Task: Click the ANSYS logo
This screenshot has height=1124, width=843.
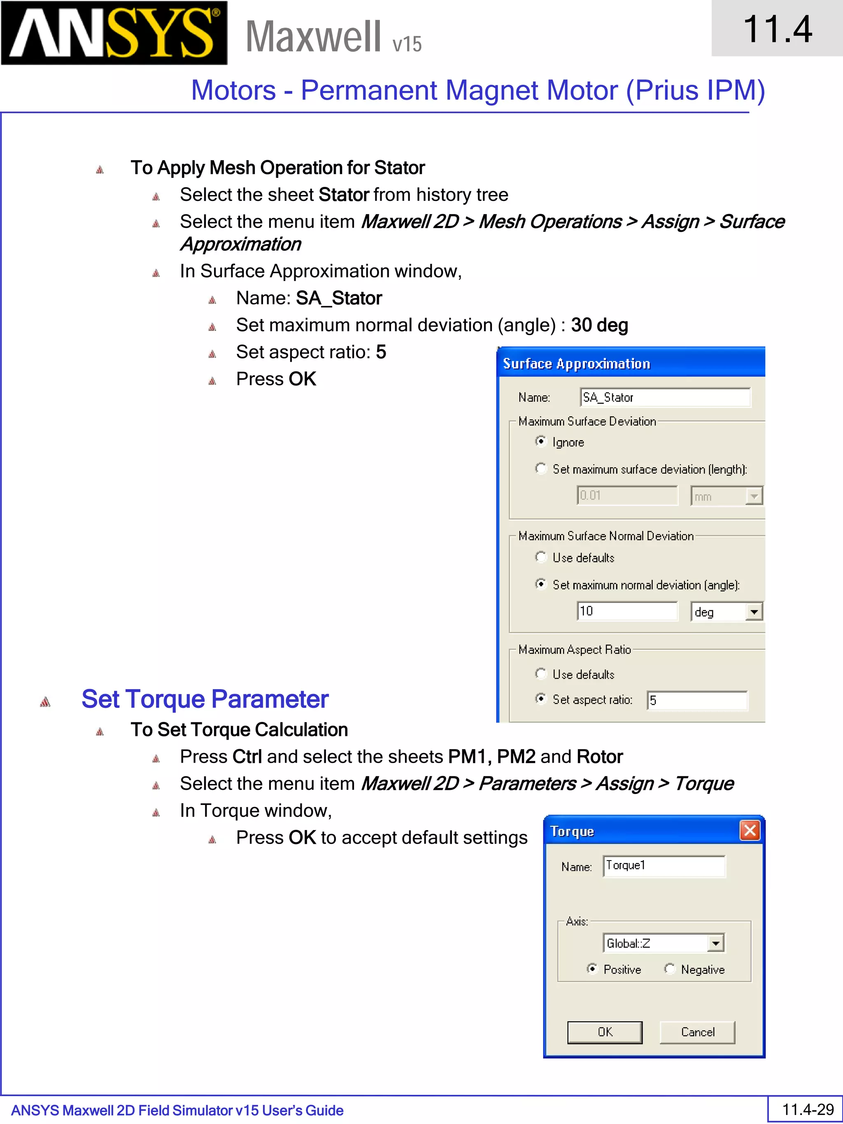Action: [114, 33]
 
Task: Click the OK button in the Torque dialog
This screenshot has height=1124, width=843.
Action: [605, 1032]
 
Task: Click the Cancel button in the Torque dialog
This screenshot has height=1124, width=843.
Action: [697, 1032]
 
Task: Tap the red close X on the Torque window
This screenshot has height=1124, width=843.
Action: [750, 830]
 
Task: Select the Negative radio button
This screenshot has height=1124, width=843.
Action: [670, 969]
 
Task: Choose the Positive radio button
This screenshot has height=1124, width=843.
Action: [591, 969]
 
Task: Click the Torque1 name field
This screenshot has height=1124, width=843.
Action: [664, 866]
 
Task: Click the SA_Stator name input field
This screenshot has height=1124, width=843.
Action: [665, 397]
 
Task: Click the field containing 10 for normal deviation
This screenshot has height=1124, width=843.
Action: [627, 611]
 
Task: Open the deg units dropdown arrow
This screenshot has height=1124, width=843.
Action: [754, 612]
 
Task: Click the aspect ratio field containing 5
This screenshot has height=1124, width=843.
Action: [696, 700]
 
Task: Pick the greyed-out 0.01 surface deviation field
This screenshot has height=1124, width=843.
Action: [627, 496]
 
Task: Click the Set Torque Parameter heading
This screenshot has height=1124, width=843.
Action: [205, 699]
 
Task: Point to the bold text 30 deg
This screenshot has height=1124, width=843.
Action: [600, 325]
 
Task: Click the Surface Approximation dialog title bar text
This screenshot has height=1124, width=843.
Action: [576, 364]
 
